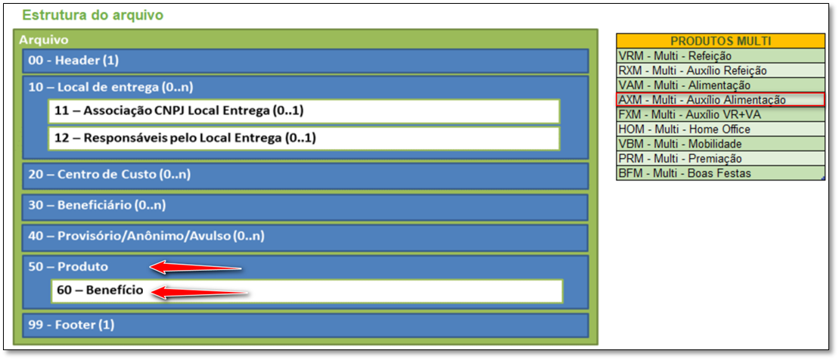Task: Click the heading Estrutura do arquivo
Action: (93, 14)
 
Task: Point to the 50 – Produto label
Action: (68, 266)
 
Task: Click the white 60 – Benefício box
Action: (306, 290)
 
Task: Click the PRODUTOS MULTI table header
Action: (719, 41)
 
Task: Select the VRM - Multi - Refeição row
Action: (719, 56)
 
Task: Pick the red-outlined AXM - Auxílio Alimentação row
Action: (719, 100)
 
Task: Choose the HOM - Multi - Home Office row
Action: (719, 129)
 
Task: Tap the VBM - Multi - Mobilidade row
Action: (719, 144)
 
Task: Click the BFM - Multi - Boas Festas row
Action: (719, 173)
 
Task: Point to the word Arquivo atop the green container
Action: (44, 39)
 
